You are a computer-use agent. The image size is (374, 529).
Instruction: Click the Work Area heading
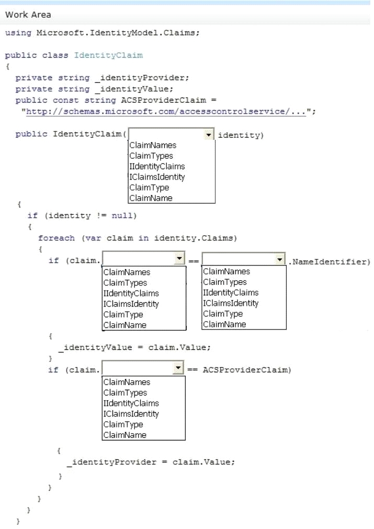(x=28, y=15)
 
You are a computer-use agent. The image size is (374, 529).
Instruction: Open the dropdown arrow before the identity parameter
(x=209, y=135)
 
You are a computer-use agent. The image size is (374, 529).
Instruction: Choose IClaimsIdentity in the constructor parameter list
(x=157, y=177)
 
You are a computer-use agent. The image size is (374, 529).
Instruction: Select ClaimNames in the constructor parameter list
(x=153, y=145)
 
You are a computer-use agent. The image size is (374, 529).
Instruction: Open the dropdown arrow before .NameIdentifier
(x=280, y=259)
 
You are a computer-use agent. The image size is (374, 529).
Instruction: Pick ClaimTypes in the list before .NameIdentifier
(x=225, y=282)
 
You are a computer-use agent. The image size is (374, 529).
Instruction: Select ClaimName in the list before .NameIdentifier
(x=224, y=324)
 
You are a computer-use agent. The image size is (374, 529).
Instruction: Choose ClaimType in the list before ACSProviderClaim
(x=123, y=424)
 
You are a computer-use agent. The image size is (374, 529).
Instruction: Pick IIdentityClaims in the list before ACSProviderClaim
(x=131, y=403)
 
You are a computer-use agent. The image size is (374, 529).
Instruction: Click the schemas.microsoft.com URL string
(x=166, y=112)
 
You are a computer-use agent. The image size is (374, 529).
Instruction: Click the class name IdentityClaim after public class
(x=108, y=56)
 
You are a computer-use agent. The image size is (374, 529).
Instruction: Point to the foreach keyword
(x=56, y=238)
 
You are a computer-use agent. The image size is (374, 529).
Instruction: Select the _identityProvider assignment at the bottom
(x=151, y=462)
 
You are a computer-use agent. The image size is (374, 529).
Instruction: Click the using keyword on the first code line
(x=18, y=33)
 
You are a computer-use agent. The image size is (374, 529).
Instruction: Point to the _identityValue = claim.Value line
(x=134, y=347)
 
